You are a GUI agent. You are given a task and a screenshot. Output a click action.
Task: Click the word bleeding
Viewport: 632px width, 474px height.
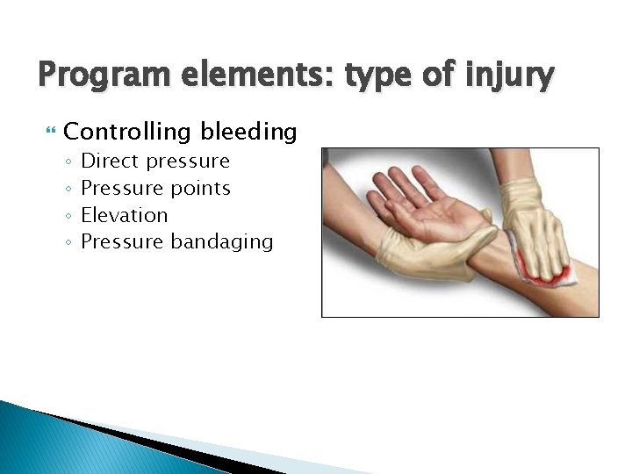click(x=248, y=133)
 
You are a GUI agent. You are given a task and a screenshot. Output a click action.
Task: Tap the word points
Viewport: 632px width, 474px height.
click(x=200, y=189)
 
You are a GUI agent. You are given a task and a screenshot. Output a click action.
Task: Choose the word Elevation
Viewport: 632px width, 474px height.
click(x=124, y=215)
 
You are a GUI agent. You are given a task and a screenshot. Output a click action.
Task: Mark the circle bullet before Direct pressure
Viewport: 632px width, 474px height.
click(x=68, y=162)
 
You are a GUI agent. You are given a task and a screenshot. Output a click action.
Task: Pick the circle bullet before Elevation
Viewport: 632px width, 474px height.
click(x=68, y=216)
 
